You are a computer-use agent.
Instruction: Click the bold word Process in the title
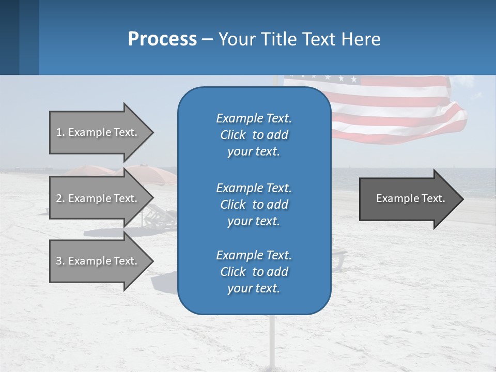[162, 39]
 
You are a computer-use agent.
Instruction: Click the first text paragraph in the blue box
[254, 135]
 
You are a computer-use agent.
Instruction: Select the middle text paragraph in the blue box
[254, 205]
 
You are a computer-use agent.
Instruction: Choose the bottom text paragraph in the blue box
[254, 272]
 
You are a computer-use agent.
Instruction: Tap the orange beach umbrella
[150, 173]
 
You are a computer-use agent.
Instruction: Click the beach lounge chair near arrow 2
[160, 217]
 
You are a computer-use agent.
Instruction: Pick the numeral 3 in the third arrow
[59, 261]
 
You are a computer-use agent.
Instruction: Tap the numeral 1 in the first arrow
[59, 132]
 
